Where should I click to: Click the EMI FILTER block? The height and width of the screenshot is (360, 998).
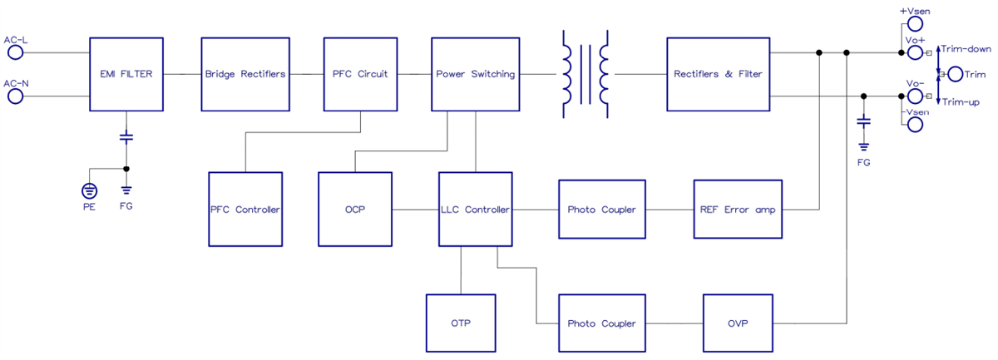tap(126, 74)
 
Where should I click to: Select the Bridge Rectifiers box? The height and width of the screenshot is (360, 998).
tap(245, 74)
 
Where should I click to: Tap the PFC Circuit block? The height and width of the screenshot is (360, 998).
tap(360, 74)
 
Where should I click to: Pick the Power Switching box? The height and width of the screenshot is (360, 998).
tap(475, 74)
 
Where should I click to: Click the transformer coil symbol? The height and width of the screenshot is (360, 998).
tap(585, 74)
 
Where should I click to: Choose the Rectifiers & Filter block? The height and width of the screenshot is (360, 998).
tap(719, 74)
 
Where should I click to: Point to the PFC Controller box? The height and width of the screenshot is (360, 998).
tap(245, 209)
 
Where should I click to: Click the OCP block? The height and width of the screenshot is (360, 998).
tap(355, 209)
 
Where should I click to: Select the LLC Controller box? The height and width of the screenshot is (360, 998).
tap(475, 209)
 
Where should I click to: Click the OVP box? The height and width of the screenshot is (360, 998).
tap(737, 323)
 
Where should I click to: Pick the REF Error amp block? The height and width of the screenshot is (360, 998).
tap(737, 209)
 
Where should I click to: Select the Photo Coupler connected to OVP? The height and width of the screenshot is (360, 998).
tap(601, 323)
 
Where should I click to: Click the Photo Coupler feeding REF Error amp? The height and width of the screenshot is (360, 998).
tap(601, 209)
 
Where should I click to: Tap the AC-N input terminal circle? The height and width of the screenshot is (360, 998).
tap(16, 96)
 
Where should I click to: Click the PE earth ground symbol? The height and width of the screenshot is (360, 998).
tap(89, 190)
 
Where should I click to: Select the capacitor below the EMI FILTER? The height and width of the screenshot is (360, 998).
tap(126, 135)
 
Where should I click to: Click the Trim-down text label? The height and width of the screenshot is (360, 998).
tap(966, 49)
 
